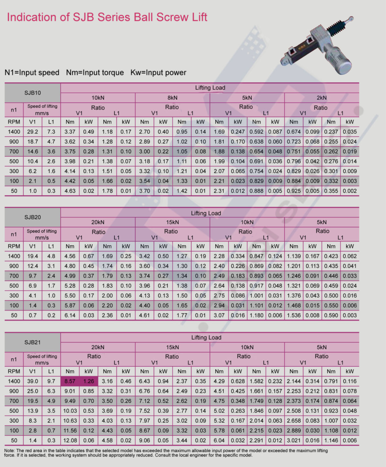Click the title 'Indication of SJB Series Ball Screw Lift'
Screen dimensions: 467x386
(x=107, y=18)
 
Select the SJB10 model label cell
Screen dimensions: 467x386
(x=33, y=93)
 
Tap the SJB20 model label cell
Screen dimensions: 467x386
(x=33, y=218)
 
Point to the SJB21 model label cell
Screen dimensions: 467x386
(x=33, y=342)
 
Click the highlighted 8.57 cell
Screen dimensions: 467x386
(x=70, y=381)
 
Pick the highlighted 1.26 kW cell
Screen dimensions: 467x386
(x=88, y=381)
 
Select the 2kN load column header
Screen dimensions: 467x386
(x=322, y=97)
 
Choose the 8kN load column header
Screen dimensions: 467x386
(x=172, y=97)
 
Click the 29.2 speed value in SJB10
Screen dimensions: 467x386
(x=33, y=131)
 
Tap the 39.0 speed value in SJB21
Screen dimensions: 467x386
(x=33, y=381)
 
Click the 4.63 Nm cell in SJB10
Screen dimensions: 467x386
(x=70, y=191)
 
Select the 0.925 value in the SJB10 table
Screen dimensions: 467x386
(x=294, y=191)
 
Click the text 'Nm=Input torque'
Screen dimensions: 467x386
(x=95, y=73)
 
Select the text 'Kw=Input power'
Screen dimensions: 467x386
(x=158, y=73)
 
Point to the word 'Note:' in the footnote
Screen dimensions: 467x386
(x=10, y=451)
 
